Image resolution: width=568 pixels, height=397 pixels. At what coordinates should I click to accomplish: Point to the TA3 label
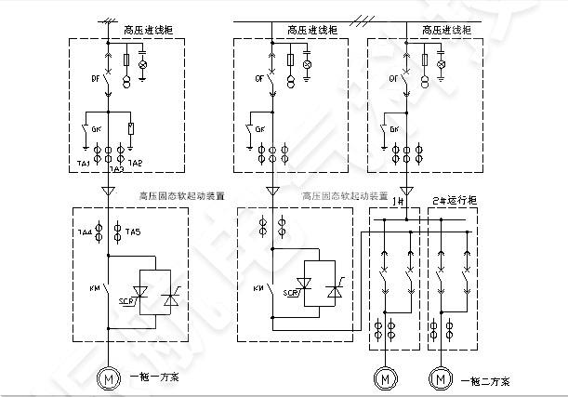click(115, 170)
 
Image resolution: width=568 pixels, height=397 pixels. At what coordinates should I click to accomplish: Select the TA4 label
click(83, 230)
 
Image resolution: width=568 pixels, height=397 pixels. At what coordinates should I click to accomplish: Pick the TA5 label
click(132, 230)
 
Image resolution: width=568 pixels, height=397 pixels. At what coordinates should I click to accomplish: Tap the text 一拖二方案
click(475, 379)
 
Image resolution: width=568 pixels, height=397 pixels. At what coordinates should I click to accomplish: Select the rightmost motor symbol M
click(437, 379)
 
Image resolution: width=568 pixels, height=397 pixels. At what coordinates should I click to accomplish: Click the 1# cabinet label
click(397, 200)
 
